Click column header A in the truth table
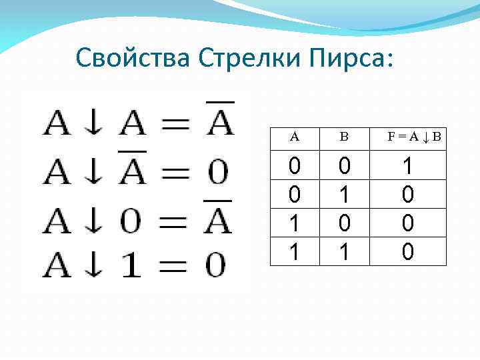pos(295,137)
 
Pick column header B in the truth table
pos(344,137)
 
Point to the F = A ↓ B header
pos(414,137)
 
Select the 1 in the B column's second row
pos(344,195)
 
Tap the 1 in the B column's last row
pos(344,251)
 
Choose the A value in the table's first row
pos(295,166)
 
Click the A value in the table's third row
pos(295,223)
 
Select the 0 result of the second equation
pos(217,173)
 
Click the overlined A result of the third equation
pos(217,219)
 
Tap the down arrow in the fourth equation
pos(93,265)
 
